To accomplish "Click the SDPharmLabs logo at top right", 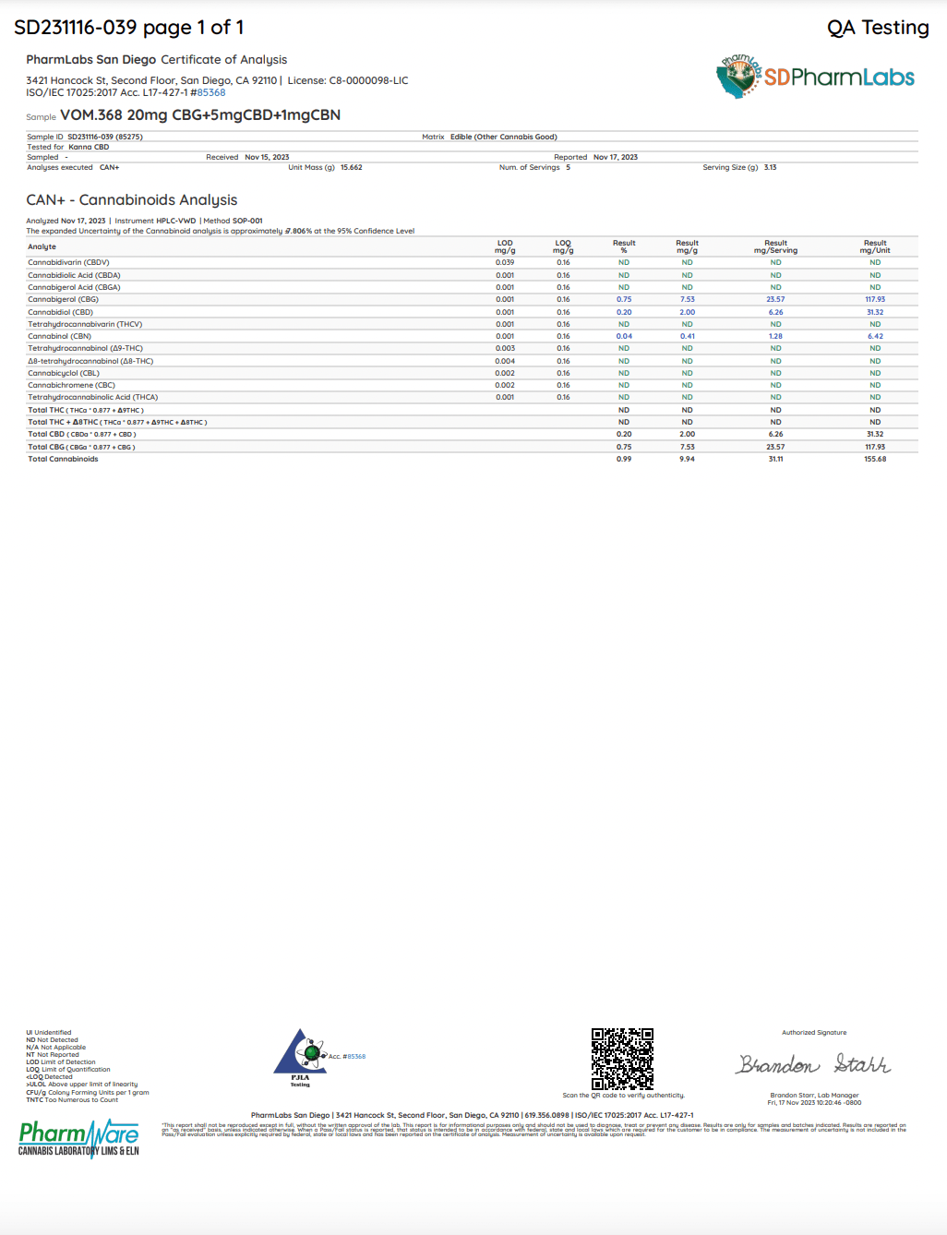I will (816, 78).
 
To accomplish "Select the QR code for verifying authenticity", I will (622, 1059).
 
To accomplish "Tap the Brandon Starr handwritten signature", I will (813, 1064).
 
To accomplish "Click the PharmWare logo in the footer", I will (79, 1137).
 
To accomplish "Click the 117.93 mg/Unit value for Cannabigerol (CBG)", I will (875, 299).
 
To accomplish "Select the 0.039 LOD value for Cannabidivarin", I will (505, 262).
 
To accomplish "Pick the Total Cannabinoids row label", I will (63, 459).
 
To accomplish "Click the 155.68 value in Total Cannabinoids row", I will (875, 459).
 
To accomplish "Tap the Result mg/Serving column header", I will (775, 246).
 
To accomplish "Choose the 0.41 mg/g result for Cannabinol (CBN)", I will (687, 336).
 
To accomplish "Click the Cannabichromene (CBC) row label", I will (71, 385).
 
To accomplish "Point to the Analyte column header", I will (42, 246).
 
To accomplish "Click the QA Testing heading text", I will (878, 28).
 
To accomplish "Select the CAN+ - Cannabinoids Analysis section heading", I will (132, 200).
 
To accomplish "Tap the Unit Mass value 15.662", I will (351, 167).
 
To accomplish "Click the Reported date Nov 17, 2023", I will (615, 157).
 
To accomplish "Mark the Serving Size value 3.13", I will (770, 167).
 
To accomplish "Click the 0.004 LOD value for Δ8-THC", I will (505, 361).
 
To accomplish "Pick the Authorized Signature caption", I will (814, 1033).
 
